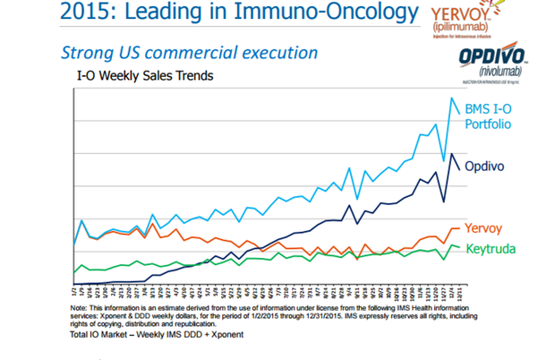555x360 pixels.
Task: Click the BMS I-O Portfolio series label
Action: point(493,116)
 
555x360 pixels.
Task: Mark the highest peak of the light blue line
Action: point(451,99)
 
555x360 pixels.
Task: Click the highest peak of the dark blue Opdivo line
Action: point(451,153)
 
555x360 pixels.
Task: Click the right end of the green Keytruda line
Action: point(460,247)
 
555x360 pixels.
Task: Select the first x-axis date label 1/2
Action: point(73,290)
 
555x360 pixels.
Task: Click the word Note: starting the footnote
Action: point(79,307)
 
